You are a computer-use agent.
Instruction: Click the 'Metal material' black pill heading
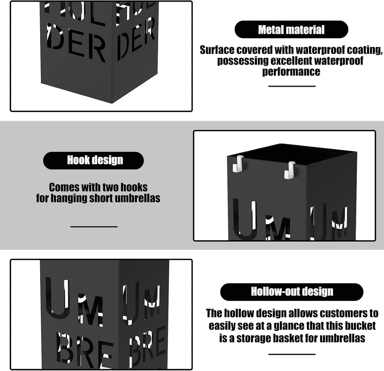tap(291, 29)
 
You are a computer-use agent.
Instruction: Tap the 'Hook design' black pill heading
tap(93, 161)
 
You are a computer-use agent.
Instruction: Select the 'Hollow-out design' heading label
tap(292, 292)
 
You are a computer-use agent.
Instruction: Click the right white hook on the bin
tap(290, 170)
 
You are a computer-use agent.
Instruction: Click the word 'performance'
tap(291, 72)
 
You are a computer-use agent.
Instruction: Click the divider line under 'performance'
tap(292, 86)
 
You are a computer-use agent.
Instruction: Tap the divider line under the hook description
tap(94, 227)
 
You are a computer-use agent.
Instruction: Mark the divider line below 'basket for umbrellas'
tap(292, 354)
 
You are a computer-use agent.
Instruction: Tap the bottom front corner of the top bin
tap(112, 103)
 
